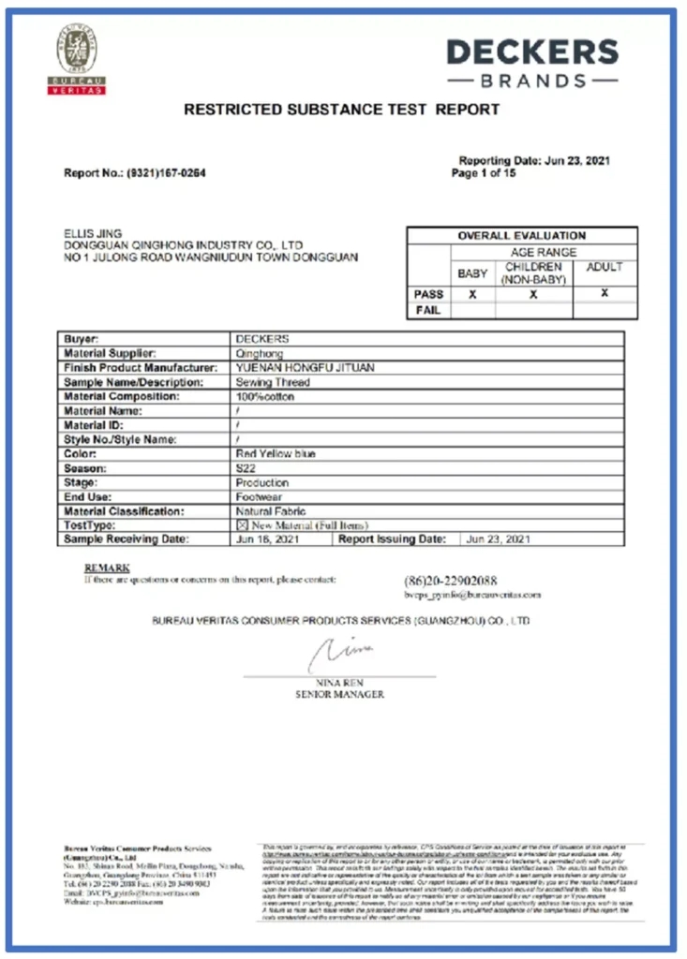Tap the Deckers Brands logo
pyautogui.click(x=531, y=62)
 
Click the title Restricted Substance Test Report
pyautogui.click(x=341, y=110)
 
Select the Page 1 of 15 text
pyautogui.click(x=489, y=173)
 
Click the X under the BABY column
pyautogui.click(x=472, y=294)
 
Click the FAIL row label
pyautogui.click(x=428, y=310)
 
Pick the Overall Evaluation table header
pyautogui.click(x=522, y=236)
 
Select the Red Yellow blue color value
pyautogui.click(x=276, y=453)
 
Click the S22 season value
pyautogui.click(x=246, y=468)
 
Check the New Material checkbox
pyautogui.click(x=241, y=525)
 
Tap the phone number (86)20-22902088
pyautogui.click(x=450, y=581)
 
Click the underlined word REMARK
pyautogui.click(x=107, y=568)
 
